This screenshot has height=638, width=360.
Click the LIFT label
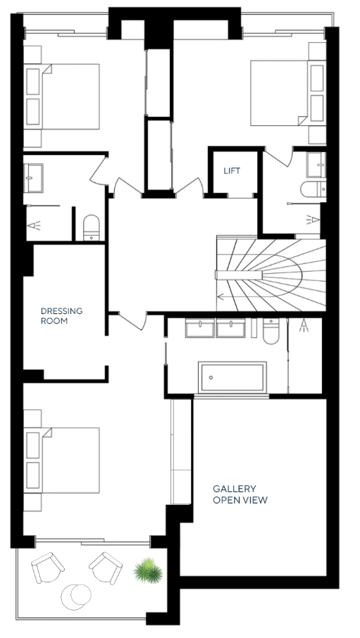point(232,170)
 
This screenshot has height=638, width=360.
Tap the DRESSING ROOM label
point(61,315)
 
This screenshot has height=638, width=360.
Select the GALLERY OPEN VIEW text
point(240,494)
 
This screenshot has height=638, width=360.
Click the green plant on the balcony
point(148,570)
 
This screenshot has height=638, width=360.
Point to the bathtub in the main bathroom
point(232,377)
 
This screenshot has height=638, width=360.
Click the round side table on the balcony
point(76,596)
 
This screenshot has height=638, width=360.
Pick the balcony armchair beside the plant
point(106,567)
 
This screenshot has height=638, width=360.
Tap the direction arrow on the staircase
point(221,296)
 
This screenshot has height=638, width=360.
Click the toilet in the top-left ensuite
point(91,228)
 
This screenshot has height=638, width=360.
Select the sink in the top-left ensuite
point(33,178)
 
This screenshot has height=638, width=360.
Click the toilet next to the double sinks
point(271,331)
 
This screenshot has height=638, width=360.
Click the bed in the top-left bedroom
point(61,97)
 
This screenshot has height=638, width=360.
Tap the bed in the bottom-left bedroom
point(61,460)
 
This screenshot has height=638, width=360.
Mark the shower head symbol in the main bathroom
point(303,325)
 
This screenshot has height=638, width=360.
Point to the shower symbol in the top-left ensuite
point(35,225)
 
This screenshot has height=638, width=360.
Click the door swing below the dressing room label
point(132,320)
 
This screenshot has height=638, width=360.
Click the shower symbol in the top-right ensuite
point(313,220)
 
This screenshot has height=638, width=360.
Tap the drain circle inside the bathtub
point(211,377)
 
